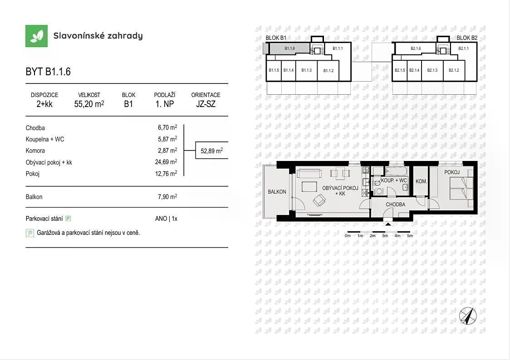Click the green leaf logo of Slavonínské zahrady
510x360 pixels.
tap(36, 36)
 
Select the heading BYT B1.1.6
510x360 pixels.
tap(48, 72)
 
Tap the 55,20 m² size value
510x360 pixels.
tap(89, 104)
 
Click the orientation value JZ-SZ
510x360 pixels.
tap(206, 104)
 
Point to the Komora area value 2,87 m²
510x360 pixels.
tap(167, 151)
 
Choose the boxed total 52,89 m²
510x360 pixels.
tap(212, 151)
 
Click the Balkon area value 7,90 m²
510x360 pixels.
tap(167, 197)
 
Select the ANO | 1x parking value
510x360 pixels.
tap(166, 219)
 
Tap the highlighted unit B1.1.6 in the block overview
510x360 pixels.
tap(289, 49)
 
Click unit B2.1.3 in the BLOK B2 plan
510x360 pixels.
tap(432, 70)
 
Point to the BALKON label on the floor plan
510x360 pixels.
tap(277, 192)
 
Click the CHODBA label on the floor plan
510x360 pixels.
tap(396, 204)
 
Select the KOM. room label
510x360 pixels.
tap(421, 181)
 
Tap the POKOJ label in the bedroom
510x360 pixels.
tap(452, 172)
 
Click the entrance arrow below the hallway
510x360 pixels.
tap(387, 224)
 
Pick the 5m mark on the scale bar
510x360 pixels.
tap(410, 236)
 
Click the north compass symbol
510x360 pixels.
tap(468, 316)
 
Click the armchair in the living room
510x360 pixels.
tap(319, 200)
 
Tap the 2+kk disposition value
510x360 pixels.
tap(44, 104)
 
